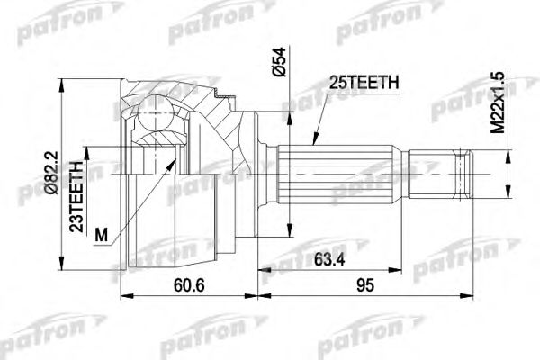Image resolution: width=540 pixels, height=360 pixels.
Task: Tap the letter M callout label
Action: tap(100, 235)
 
